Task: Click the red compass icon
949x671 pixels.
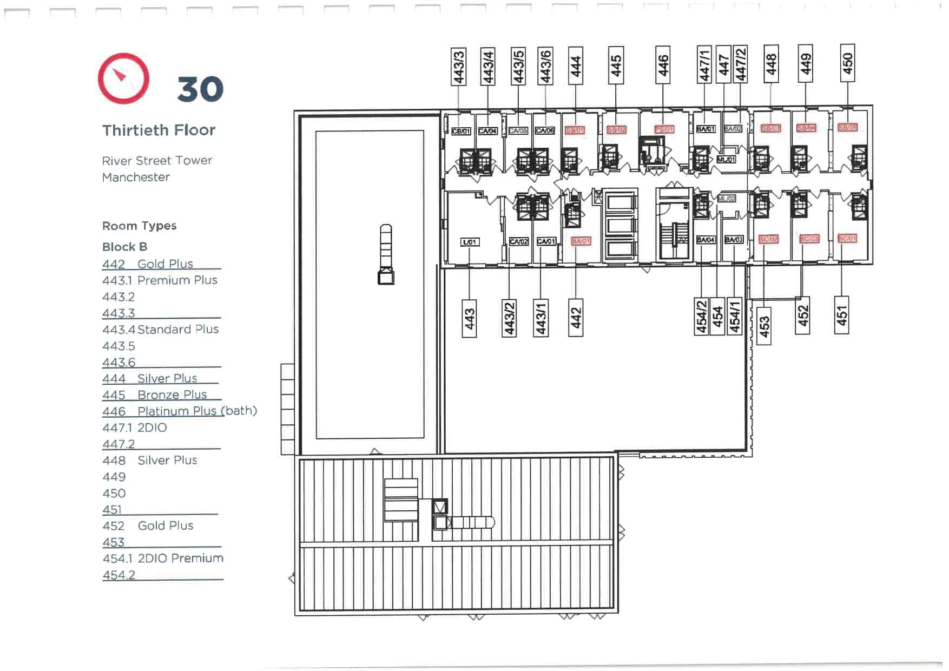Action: click(124, 78)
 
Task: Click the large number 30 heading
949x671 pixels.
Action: click(200, 89)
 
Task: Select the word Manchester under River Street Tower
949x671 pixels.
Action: click(136, 177)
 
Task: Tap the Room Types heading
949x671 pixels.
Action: click(139, 226)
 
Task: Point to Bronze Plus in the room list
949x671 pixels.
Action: click(172, 394)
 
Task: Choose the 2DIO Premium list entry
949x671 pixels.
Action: click(180, 558)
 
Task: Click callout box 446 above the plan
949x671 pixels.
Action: click(663, 65)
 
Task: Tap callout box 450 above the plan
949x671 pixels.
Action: click(847, 63)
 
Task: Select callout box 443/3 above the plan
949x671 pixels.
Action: click(459, 67)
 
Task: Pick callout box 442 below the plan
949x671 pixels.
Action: click(576, 318)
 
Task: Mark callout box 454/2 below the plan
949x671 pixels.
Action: click(702, 317)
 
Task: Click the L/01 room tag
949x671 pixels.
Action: click(470, 242)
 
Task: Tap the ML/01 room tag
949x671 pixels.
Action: click(726, 160)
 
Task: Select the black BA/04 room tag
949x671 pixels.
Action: click(706, 240)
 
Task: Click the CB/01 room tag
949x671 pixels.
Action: click(461, 131)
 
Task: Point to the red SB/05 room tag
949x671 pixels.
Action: click(847, 128)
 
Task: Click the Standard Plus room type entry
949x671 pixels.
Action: click(177, 329)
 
